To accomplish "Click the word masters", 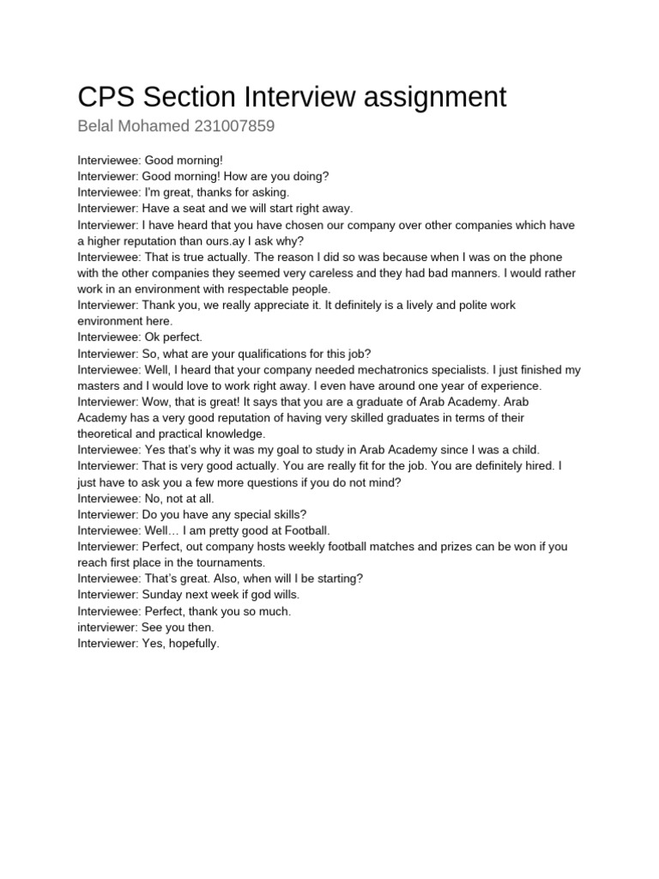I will [99, 385].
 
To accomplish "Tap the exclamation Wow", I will [158, 402].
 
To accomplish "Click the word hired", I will [537, 466].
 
